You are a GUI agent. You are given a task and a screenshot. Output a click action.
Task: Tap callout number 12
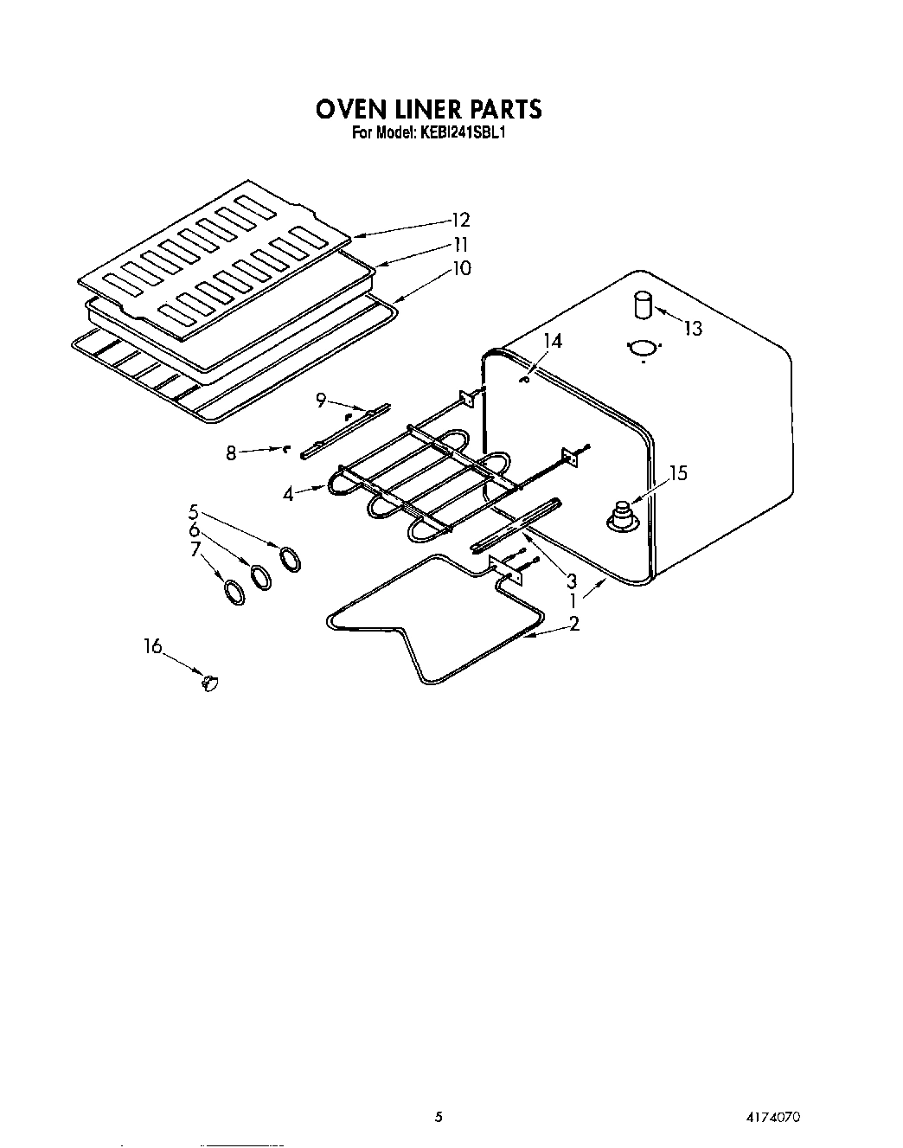coord(460,220)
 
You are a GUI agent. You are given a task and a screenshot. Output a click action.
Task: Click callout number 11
coord(460,244)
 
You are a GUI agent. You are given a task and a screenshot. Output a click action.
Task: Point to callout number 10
coord(462,269)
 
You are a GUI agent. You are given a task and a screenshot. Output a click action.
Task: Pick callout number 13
coord(692,329)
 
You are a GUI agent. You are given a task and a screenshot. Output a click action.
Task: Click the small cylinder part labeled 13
coord(643,305)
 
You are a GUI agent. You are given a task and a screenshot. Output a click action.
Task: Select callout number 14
coord(552,342)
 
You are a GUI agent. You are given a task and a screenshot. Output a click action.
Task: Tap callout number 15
coord(678,473)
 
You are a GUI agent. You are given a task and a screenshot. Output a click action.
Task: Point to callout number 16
coord(153,646)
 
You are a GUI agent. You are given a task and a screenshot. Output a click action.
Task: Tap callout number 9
coord(320,400)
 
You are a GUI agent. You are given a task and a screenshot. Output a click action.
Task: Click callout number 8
coord(231,452)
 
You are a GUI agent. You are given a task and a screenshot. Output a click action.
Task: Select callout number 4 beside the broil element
coord(288,495)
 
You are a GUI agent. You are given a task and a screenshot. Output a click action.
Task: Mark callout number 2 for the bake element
coord(573,625)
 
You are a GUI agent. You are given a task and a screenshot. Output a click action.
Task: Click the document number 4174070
coord(772,1117)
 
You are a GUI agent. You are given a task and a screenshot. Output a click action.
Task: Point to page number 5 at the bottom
coord(439,1117)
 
